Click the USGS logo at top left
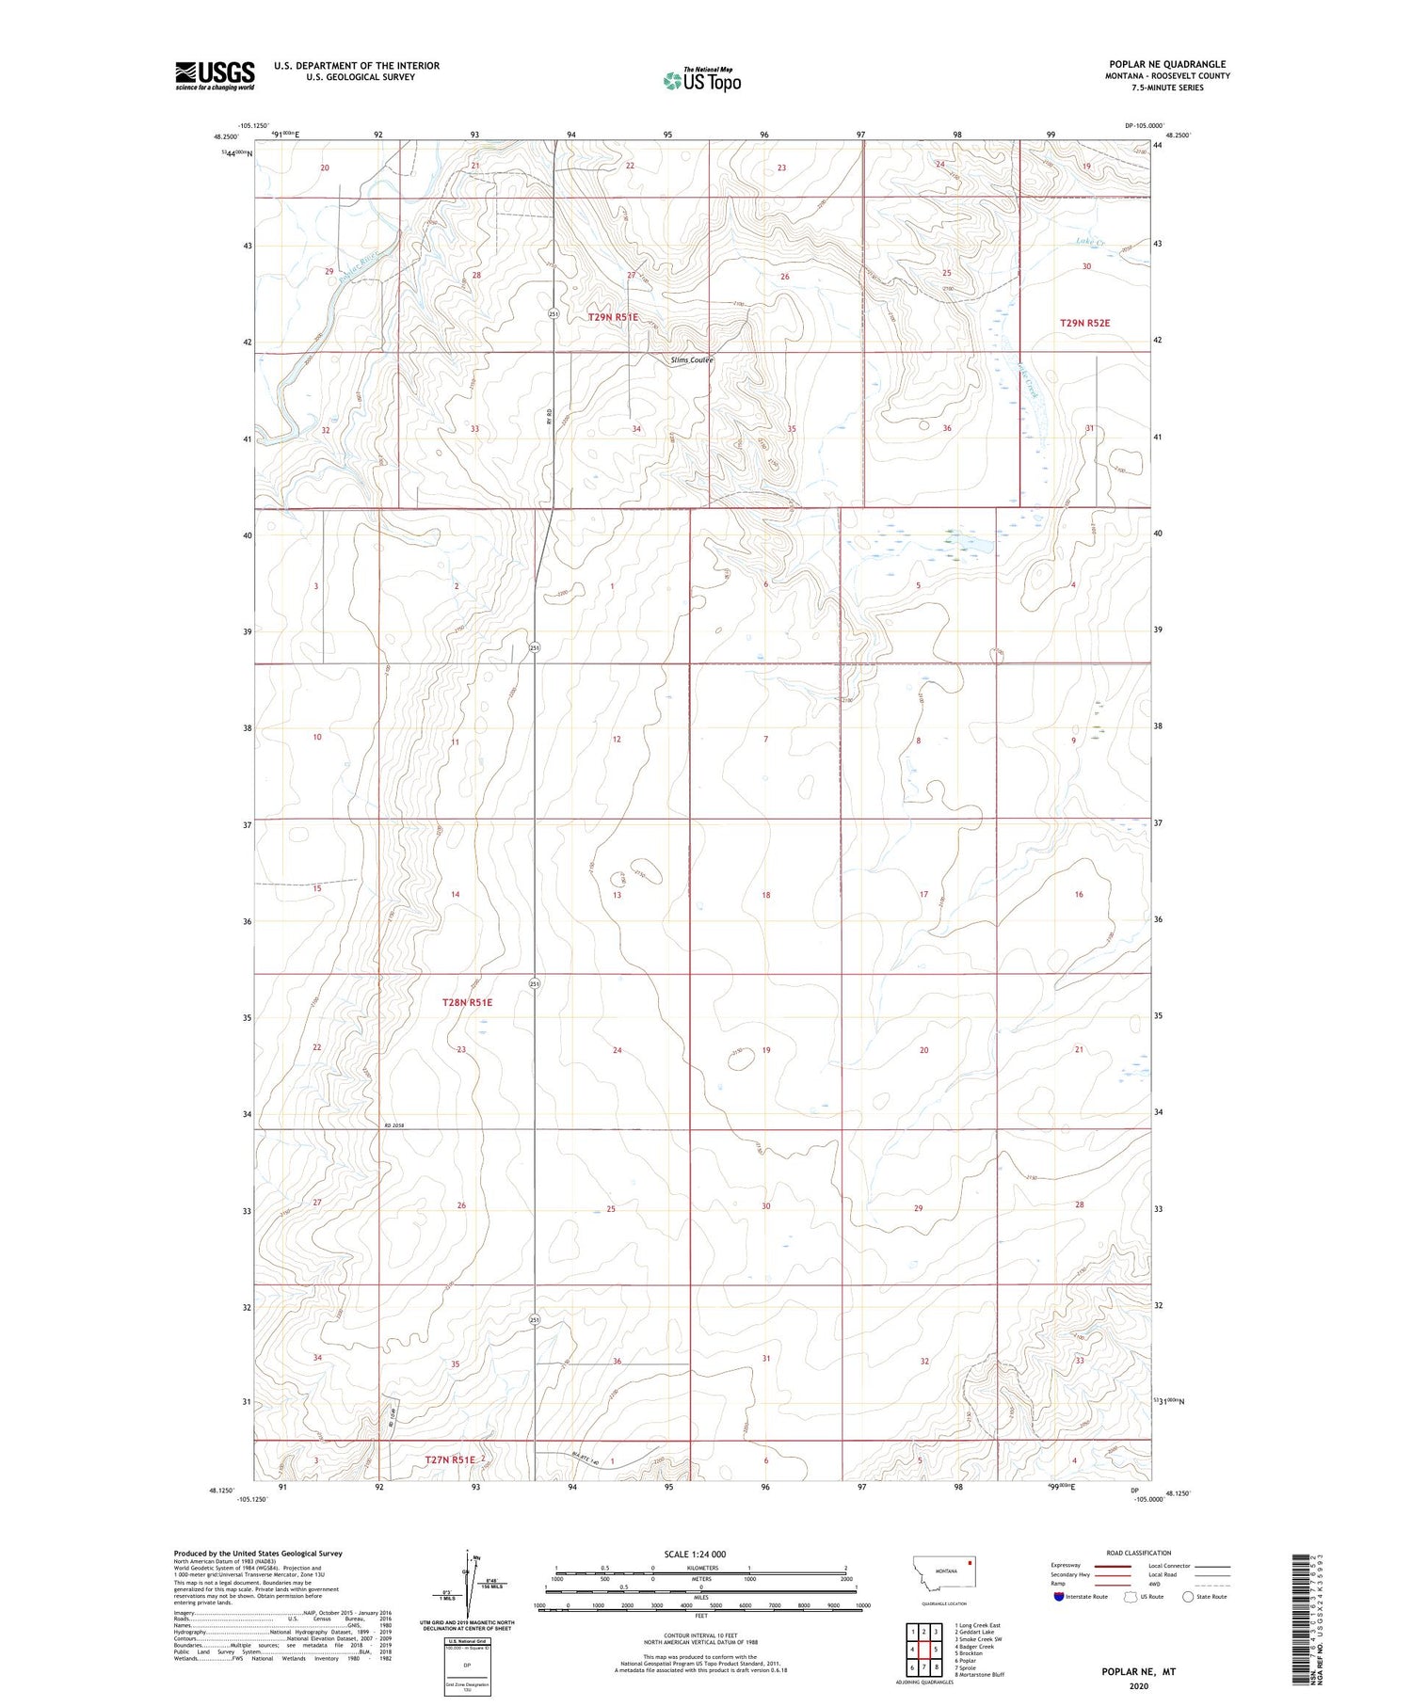(x=215, y=75)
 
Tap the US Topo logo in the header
(x=701, y=81)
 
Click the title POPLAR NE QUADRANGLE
(x=1167, y=65)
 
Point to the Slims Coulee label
(x=691, y=360)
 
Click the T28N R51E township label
(x=467, y=1003)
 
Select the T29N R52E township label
(x=1084, y=323)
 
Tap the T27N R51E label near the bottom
(x=450, y=1459)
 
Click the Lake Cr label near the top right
(x=1090, y=243)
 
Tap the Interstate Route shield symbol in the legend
(x=1059, y=1597)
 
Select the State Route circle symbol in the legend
(x=1188, y=1597)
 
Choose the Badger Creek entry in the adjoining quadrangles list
(x=974, y=1647)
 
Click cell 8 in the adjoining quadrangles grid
(x=937, y=1668)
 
